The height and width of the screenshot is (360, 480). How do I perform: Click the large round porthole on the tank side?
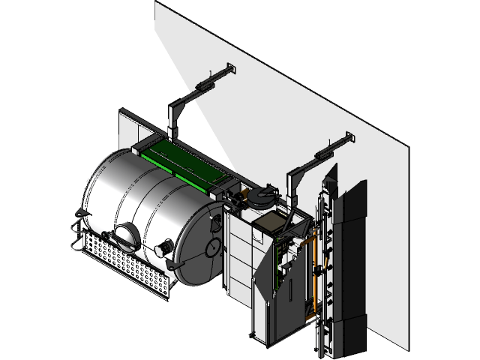coord(127,238)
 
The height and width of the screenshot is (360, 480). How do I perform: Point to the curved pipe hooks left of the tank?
coord(76,236)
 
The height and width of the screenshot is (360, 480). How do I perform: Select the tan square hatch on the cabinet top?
coord(271,223)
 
